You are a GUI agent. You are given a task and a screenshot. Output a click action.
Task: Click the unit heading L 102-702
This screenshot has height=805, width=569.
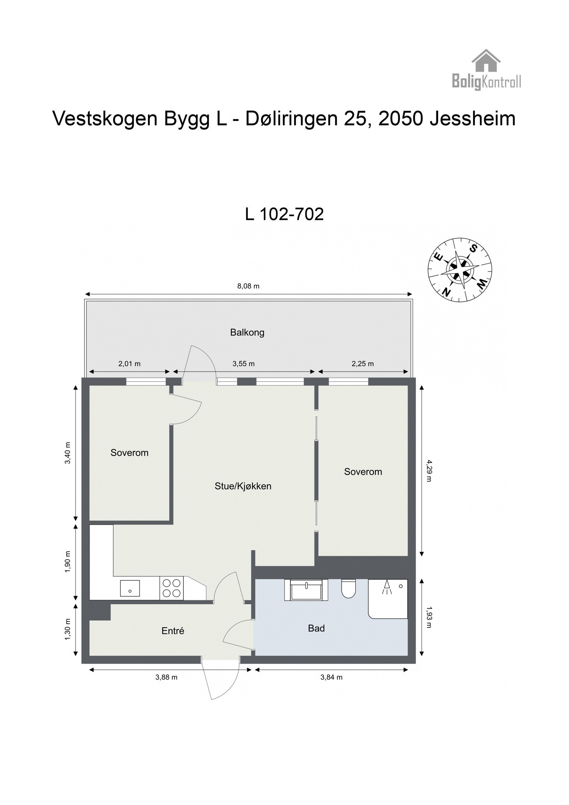(284, 214)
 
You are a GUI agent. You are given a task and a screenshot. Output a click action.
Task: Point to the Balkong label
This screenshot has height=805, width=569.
(247, 333)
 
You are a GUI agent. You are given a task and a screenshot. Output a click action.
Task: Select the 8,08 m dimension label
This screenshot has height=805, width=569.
(248, 286)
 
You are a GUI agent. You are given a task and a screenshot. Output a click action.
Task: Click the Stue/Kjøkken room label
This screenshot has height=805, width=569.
(243, 486)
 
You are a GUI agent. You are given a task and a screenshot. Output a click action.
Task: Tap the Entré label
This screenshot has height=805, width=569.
(173, 631)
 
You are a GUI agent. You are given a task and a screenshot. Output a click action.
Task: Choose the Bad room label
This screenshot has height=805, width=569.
(316, 628)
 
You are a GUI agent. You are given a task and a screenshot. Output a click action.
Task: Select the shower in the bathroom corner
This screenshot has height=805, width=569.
(388, 598)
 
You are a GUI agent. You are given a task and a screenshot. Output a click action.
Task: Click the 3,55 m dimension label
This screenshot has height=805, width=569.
(244, 364)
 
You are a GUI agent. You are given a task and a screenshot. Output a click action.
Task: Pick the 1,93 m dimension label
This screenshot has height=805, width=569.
(429, 617)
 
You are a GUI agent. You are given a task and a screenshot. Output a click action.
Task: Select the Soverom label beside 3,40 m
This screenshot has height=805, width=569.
(129, 453)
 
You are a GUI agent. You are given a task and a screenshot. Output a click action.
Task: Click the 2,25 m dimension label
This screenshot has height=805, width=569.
(363, 364)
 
